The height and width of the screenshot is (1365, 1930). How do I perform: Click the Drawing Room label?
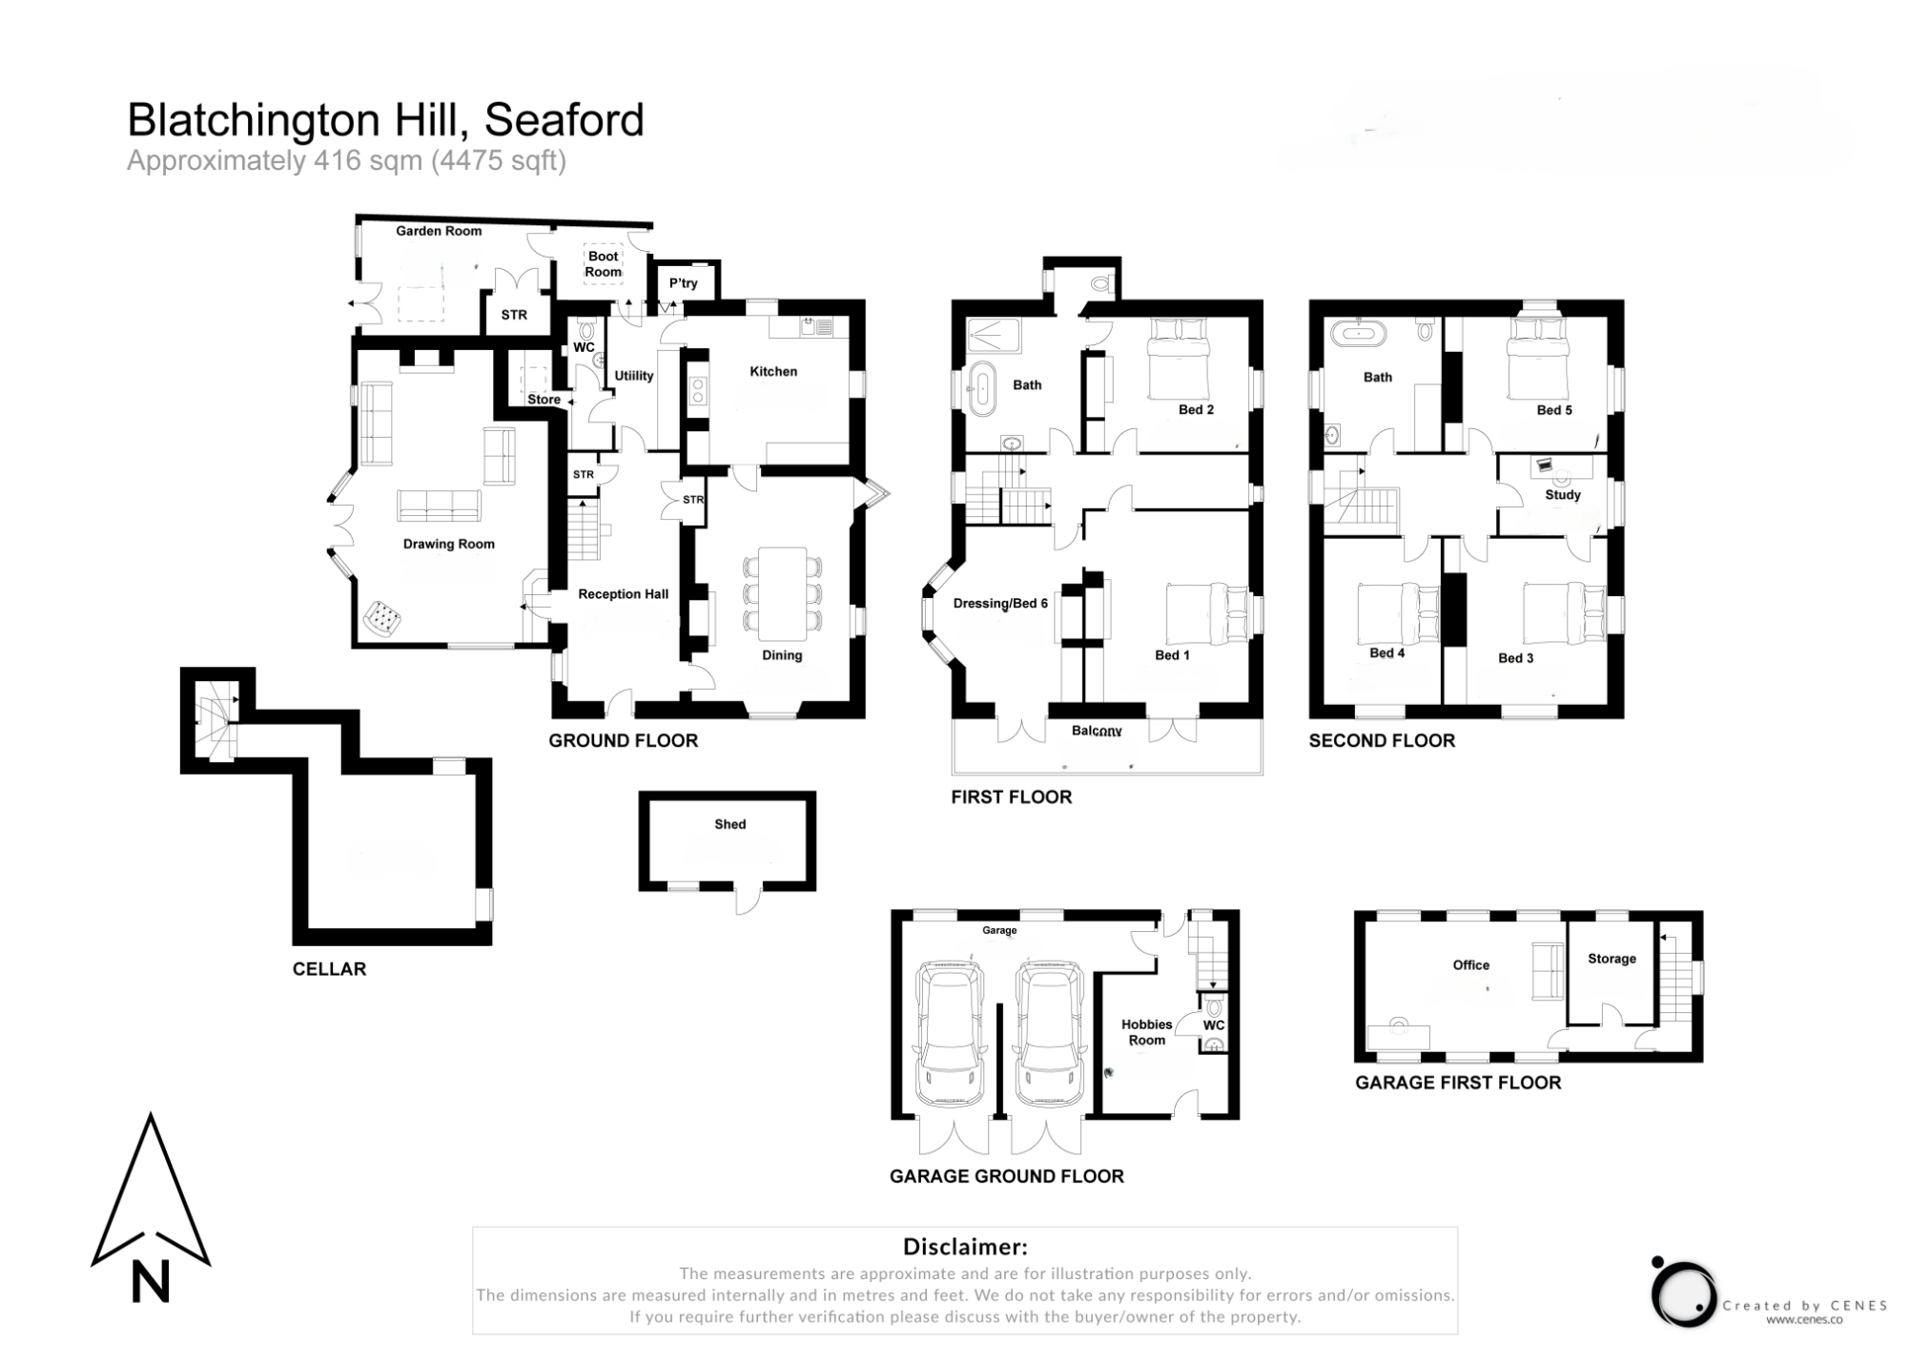pyautogui.click(x=448, y=545)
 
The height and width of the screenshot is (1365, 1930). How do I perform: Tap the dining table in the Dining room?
pyautogui.click(x=781, y=592)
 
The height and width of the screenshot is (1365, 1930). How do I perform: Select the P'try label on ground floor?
pyautogui.click(x=683, y=283)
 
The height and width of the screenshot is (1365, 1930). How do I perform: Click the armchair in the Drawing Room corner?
pyautogui.click(x=381, y=618)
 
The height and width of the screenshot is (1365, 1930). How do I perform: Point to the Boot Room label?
pyautogui.click(x=603, y=264)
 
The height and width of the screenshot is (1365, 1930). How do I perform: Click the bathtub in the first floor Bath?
pyautogui.click(x=981, y=388)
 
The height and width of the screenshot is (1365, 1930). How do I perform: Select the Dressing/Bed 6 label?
pyautogui.click(x=999, y=603)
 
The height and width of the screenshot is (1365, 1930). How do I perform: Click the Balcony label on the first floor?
pyautogui.click(x=1096, y=731)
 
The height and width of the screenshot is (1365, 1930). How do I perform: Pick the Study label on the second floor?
pyautogui.click(x=1562, y=495)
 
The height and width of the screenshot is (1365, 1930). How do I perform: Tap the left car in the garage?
pyautogui.click(x=949, y=1034)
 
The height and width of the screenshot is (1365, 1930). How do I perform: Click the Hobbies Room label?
pyautogui.click(x=1146, y=1032)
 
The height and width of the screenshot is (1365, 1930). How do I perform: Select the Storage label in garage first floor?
pyautogui.click(x=1611, y=959)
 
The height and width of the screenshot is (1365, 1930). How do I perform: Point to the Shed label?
pyautogui.click(x=729, y=824)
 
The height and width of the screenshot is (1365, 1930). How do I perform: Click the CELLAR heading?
pyautogui.click(x=329, y=969)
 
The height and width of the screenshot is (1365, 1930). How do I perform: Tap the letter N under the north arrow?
pyautogui.click(x=150, y=1282)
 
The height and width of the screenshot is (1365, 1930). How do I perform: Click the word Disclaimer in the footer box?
pyautogui.click(x=964, y=1247)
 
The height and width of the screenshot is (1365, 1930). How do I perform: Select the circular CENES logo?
pyautogui.click(x=1682, y=1293)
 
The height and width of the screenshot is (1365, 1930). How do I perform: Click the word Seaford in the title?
pyautogui.click(x=564, y=120)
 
